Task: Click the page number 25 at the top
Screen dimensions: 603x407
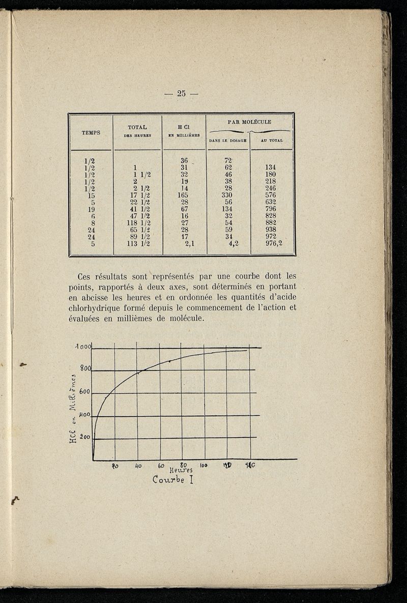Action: pyautogui.click(x=182, y=93)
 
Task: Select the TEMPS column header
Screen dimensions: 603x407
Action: pyautogui.click(x=91, y=132)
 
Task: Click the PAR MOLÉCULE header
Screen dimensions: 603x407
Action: pyautogui.click(x=249, y=122)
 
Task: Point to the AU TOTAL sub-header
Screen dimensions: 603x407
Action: pyautogui.click(x=272, y=140)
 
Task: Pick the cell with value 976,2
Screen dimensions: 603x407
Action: pyautogui.click(x=273, y=243)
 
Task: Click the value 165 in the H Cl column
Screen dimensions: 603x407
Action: pyautogui.click(x=183, y=194)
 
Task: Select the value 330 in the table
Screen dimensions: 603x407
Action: pyautogui.click(x=226, y=194)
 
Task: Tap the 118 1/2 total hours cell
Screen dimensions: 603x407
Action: pyautogui.click(x=138, y=222)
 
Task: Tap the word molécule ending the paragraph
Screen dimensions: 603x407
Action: pyautogui.click(x=187, y=319)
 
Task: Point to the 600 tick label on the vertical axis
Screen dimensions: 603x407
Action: pyautogui.click(x=84, y=392)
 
